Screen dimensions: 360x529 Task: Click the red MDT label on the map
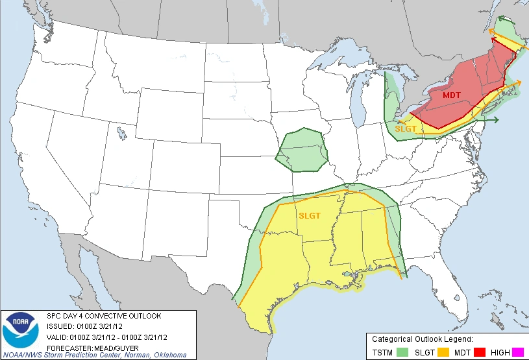tap(452, 95)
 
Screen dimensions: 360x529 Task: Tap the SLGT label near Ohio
tap(406, 128)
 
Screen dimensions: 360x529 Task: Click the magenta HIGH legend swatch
tap(517, 352)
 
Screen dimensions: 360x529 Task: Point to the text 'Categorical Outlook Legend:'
tap(422, 339)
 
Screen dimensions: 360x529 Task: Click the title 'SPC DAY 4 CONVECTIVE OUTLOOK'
tap(104, 316)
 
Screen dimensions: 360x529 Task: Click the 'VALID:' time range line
tap(108, 336)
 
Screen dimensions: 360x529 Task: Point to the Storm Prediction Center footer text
tap(93, 355)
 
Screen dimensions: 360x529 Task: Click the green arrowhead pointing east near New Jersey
tap(496, 119)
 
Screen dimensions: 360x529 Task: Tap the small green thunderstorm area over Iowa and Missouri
tap(302, 150)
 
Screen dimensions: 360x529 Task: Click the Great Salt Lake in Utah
tap(122, 134)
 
